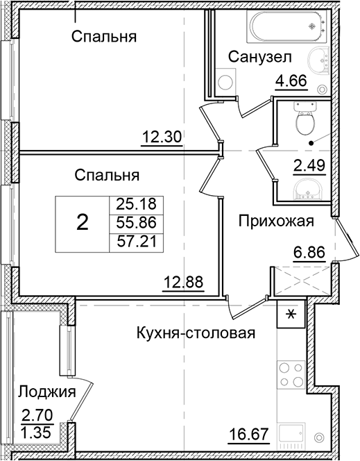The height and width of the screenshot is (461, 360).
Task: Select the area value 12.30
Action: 162,137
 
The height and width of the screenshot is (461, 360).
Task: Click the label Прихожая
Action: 276,221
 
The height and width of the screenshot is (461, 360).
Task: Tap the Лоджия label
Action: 46,392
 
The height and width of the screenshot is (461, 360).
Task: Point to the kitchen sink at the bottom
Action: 291,433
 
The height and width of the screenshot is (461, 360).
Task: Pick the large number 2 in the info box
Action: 82,222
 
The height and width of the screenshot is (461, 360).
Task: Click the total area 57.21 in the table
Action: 135,242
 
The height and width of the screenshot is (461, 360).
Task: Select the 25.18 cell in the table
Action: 135,204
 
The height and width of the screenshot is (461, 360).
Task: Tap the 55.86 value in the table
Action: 135,223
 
